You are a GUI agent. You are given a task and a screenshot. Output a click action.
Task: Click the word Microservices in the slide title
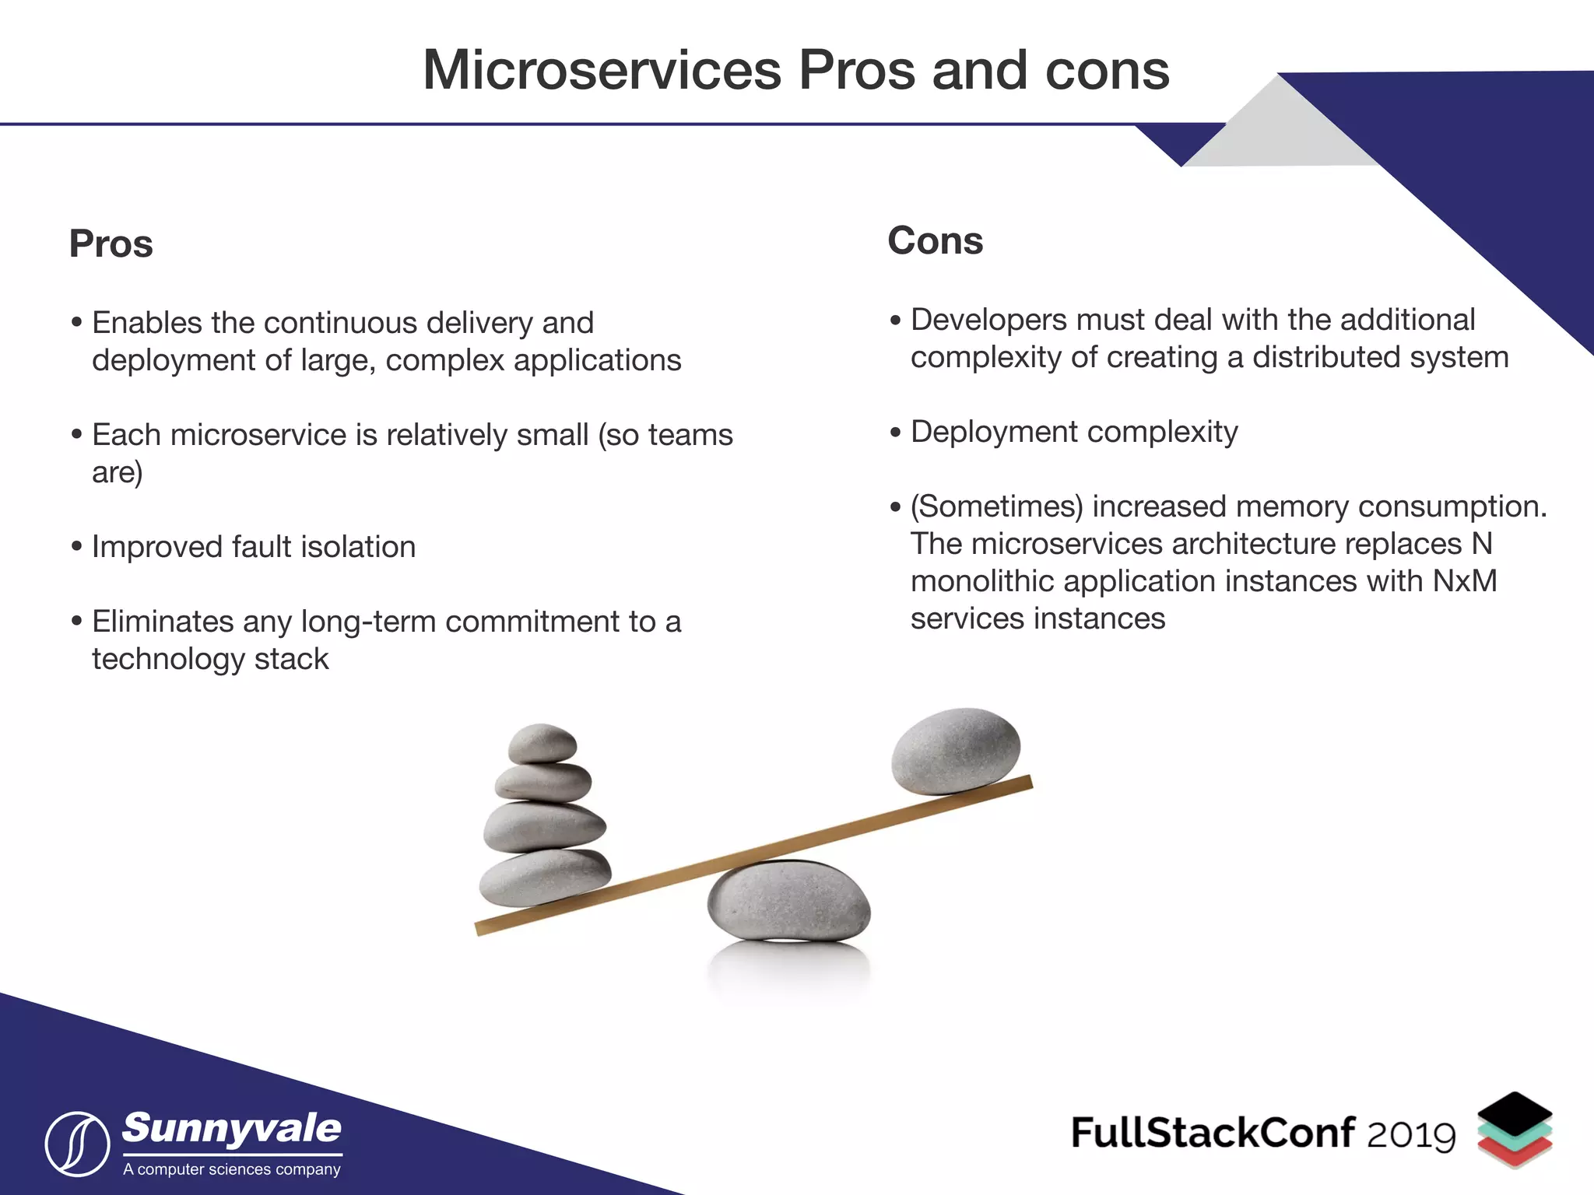(602, 71)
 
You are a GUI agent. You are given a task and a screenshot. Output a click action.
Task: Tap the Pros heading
(111, 244)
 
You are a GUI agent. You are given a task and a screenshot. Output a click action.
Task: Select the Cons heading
(935, 241)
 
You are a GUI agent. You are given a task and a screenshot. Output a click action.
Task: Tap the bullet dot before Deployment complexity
(895, 432)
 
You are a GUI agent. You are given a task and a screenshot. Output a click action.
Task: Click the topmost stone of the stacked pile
(542, 743)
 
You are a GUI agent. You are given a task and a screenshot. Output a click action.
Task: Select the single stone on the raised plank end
(956, 750)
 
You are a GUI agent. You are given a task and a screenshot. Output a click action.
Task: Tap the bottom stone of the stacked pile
(544, 878)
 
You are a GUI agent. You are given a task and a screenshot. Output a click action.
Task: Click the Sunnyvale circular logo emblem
(77, 1144)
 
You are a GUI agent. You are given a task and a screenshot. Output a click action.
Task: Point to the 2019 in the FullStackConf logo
(1410, 1135)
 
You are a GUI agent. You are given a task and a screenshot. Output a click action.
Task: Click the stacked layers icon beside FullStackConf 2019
(1514, 1130)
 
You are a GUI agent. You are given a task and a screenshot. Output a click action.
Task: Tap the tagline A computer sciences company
(232, 1169)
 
